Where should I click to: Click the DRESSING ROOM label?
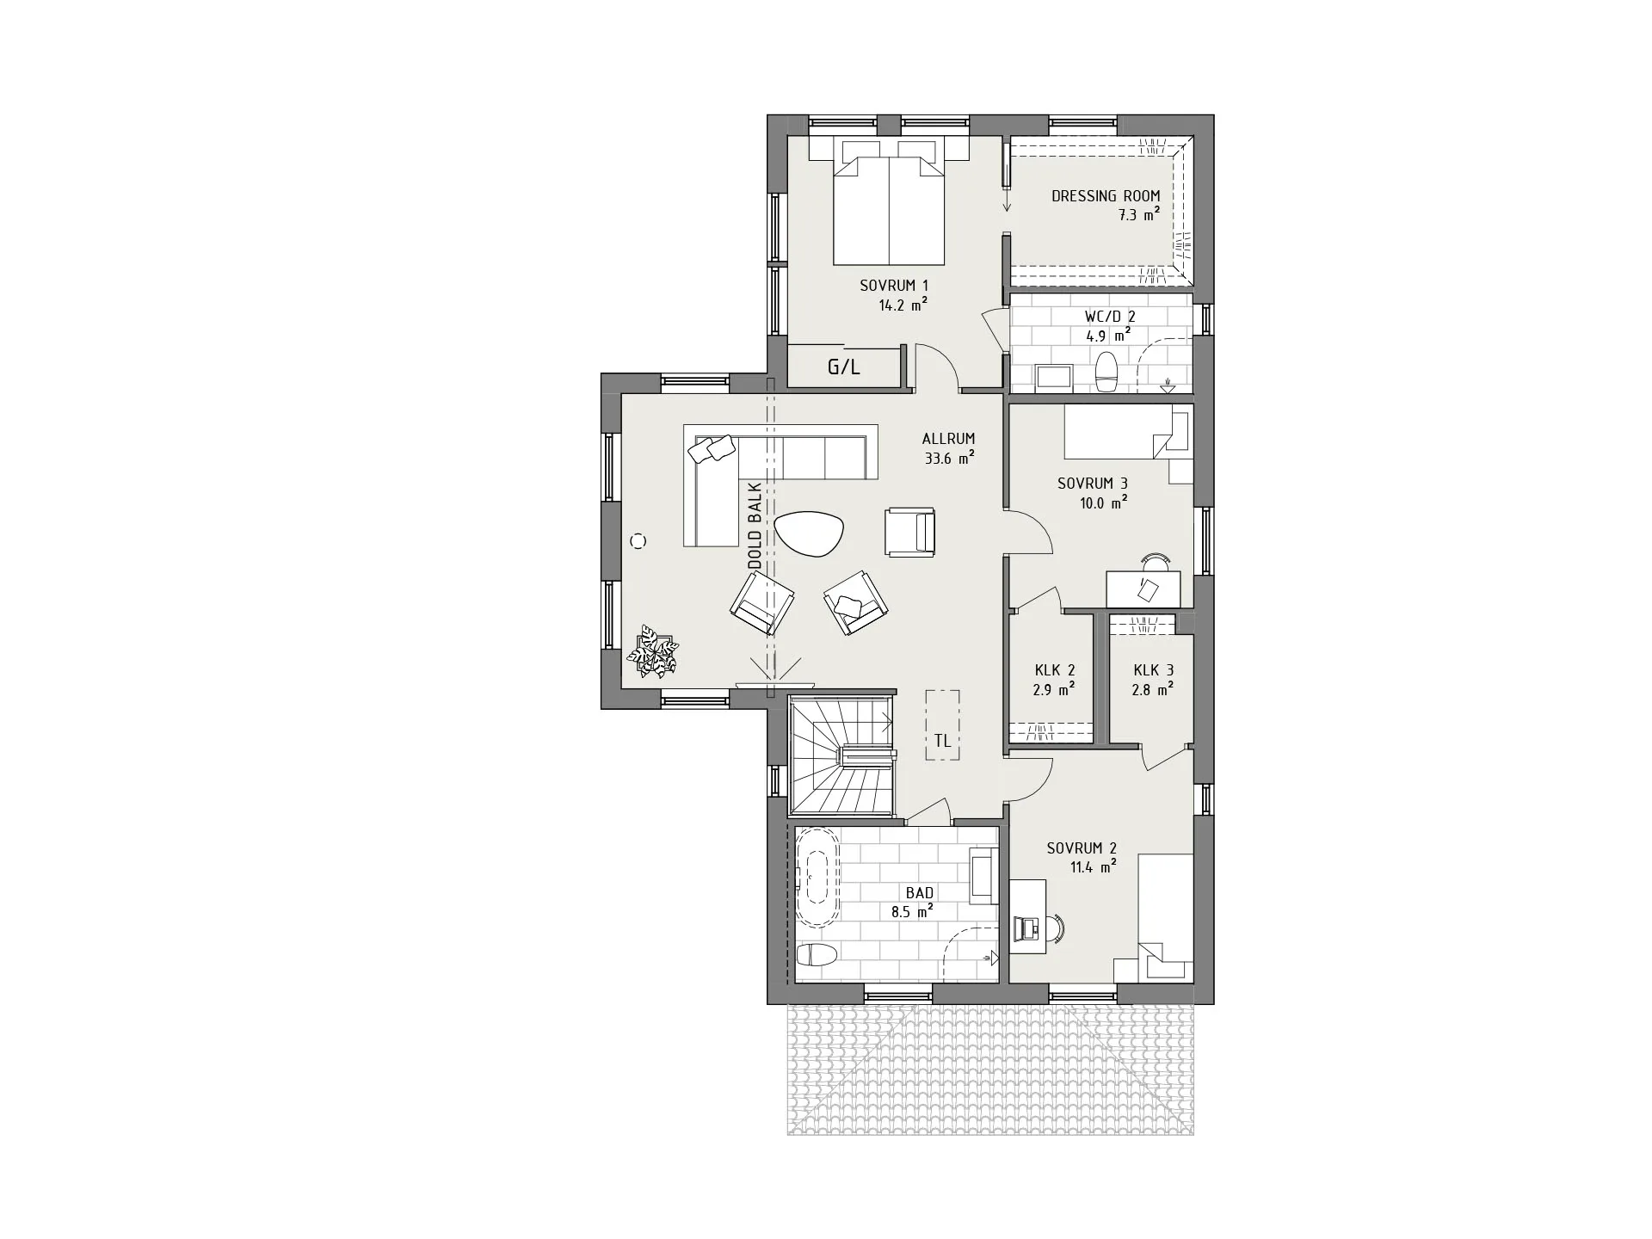(x=1106, y=196)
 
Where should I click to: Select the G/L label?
(x=843, y=368)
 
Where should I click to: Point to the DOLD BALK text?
(x=755, y=525)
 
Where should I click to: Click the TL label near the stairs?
(x=942, y=740)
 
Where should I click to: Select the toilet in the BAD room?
(x=214, y=955)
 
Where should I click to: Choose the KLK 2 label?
(x=1055, y=670)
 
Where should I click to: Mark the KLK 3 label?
(x=1153, y=670)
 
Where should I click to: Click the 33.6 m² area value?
(x=949, y=459)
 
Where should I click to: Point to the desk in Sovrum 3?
(x=1143, y=589)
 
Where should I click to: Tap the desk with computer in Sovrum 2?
(x=1027, y=916)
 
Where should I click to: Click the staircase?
(x=841, y=756)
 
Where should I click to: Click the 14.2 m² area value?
(x=903, y=305)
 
